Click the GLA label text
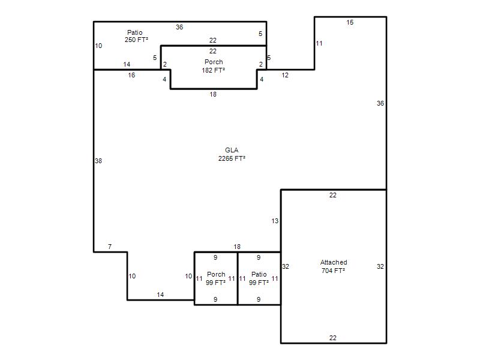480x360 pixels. tap(232, 150)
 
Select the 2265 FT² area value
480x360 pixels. tap(232, 158)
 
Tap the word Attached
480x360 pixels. tap(334, 262)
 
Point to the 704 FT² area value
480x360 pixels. tap(334, 271)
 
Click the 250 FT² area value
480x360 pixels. tap(137, 40)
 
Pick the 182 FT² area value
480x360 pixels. tap(214, 70)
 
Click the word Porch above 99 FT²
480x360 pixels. tap(216, 274)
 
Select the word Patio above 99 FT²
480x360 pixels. tap(259, 274)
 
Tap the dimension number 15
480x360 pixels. tap(350, 22)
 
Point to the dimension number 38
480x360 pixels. tap(98, 161)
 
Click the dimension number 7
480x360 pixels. tap(110, 247)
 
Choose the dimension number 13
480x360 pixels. tap(275, 221)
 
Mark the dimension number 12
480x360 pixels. tap(285, 75)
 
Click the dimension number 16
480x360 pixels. tap(131, 75)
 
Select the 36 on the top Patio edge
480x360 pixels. tap(179, 27)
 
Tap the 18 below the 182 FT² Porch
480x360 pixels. tap(213, 94)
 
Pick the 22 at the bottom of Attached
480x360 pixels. tap(333, 338)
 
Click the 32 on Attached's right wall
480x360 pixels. tap(380, 266)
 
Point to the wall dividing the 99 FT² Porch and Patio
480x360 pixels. tap(238, 278)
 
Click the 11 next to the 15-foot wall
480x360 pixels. tap(319, 43)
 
